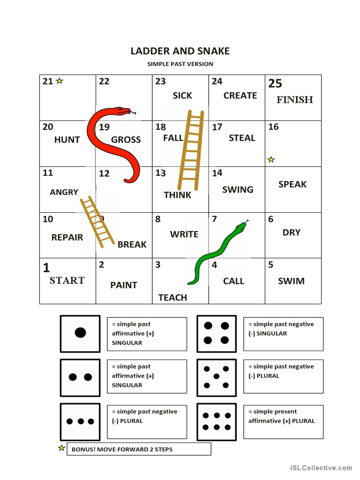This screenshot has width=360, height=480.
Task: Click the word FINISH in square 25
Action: (294, 99)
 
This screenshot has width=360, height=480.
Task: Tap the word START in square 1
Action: (67, 280)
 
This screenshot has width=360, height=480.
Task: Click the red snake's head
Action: (124, 112)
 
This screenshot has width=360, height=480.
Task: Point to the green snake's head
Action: (240, 226)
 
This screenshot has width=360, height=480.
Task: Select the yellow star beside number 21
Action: (60, 81)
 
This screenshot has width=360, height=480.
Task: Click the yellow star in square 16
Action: (271, 159)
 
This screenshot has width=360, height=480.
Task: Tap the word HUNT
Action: (67, 140)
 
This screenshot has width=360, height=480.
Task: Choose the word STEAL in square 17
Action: (242, 138)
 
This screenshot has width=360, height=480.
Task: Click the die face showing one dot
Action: (80, 333)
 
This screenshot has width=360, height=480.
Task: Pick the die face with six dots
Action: (217, 421)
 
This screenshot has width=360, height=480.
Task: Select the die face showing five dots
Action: (217, 376)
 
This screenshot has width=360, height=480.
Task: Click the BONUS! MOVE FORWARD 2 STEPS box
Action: (139, 449)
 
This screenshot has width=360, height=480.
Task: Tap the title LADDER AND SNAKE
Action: (180, 51)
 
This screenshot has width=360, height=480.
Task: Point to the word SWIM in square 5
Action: (291, 281)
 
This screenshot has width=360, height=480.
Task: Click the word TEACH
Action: (172, 298)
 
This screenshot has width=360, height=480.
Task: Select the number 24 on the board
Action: (217, 81)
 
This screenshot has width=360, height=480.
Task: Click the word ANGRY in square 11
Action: (64, 192)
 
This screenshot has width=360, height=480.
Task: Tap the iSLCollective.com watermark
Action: (321, 467)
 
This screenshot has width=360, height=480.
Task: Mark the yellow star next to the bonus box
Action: (61, 448)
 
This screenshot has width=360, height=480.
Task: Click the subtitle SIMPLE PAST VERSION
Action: (180, 64)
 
